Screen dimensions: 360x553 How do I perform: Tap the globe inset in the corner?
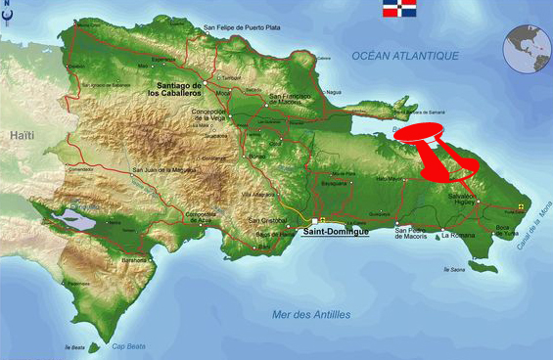click(x=527, y=46)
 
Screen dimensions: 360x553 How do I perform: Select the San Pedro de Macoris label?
click(x=412, y=235)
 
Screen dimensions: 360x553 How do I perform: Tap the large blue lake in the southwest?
click(x=77, y=220)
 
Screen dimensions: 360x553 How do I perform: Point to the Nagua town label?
click(x=333, y=93)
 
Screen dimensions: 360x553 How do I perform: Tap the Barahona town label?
click(x=135, y=261)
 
